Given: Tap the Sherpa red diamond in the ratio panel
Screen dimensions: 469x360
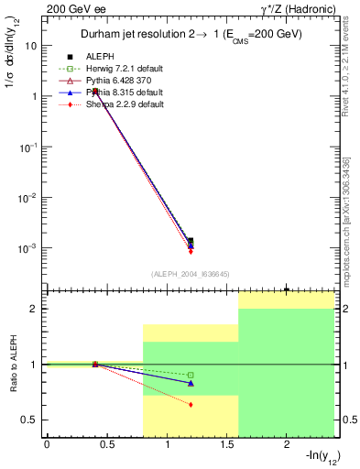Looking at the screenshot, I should (191, 404).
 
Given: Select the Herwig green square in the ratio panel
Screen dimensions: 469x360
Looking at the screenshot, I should (191, 375).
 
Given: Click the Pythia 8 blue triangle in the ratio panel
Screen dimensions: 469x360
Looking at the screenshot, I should (191, 383).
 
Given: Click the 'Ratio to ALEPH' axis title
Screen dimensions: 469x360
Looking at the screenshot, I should (14, 365).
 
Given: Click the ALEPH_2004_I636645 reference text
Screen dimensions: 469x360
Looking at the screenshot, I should (190, 273).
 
